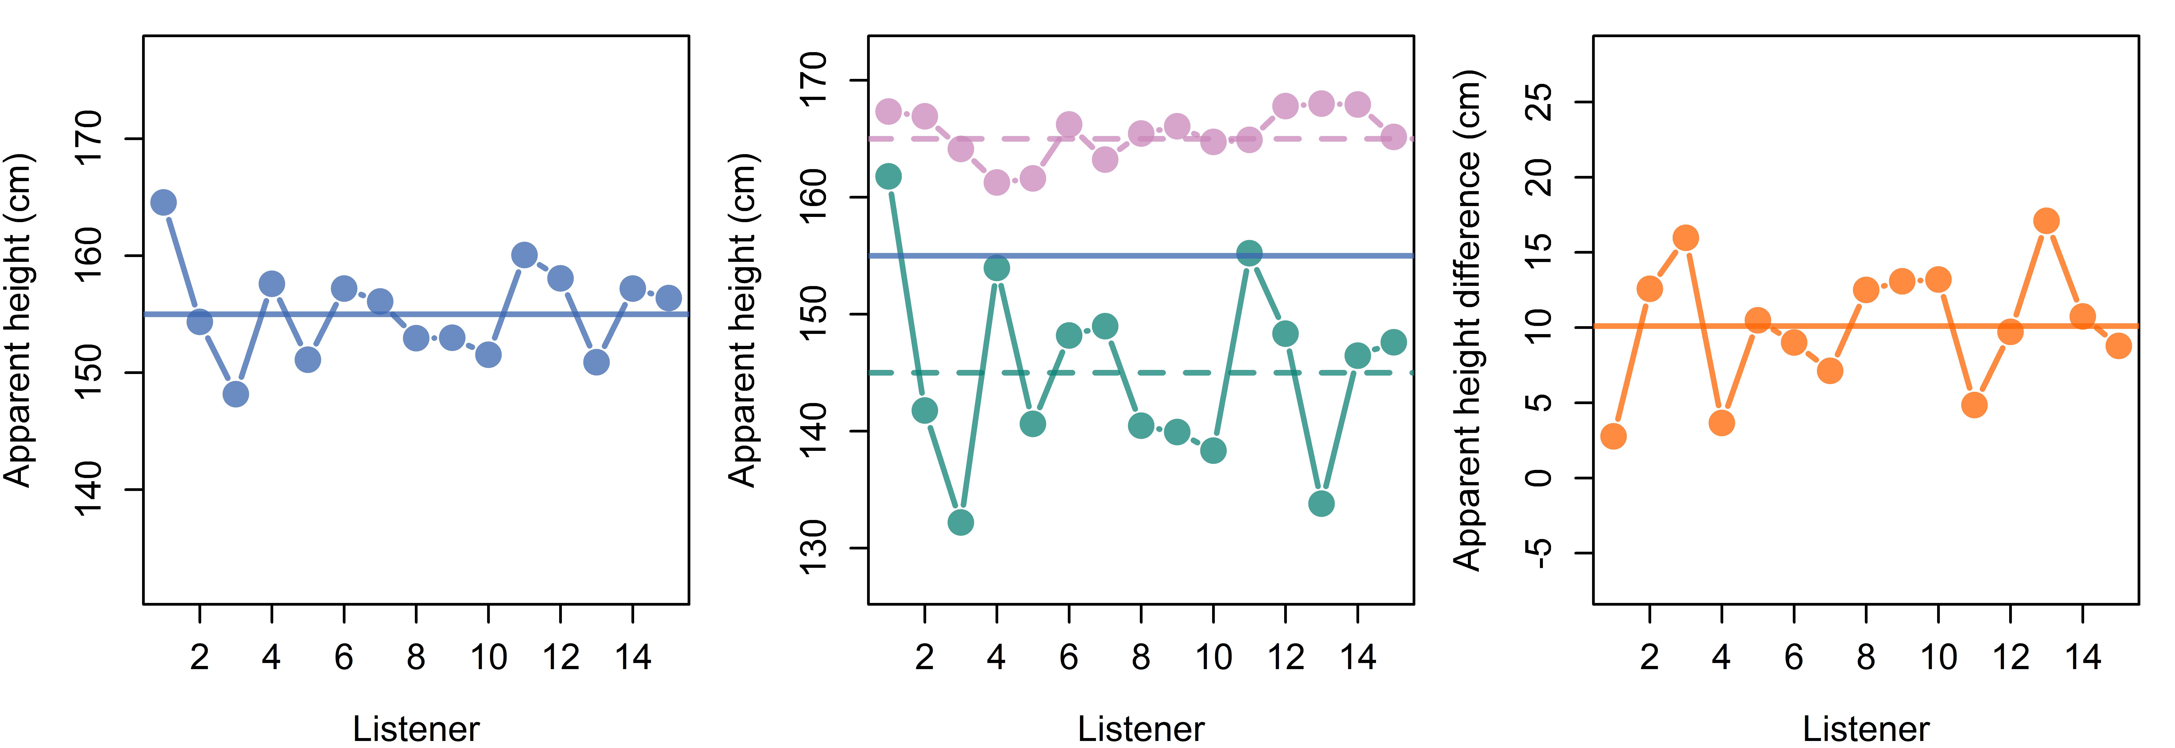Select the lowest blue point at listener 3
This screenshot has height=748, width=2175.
point(236,394)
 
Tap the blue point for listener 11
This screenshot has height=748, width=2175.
point(524,255)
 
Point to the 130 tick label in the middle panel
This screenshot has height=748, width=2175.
point(813,547)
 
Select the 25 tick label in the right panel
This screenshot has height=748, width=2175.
point(1538,102)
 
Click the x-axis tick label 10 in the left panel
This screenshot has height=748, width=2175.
point(488,657)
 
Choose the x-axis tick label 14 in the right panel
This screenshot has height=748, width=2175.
point(2083,657)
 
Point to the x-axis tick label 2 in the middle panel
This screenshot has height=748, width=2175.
point(925,657)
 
